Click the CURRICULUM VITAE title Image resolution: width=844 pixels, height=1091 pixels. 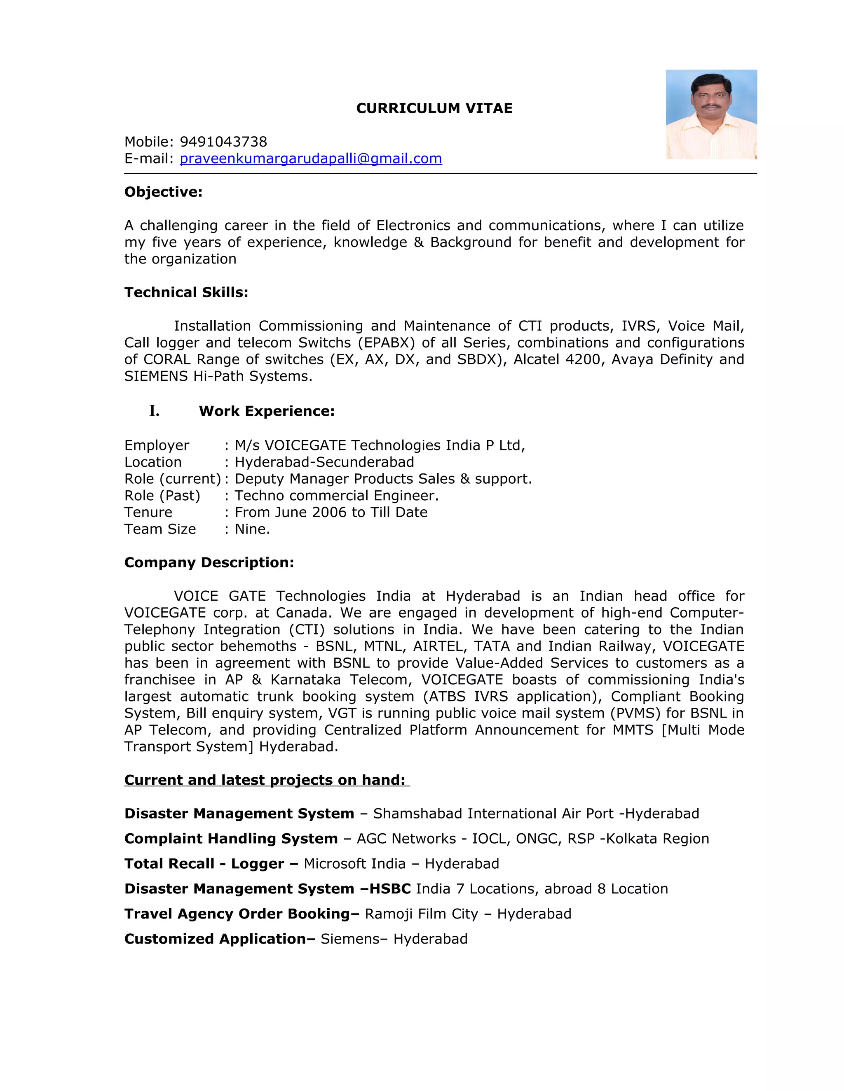(434, 108)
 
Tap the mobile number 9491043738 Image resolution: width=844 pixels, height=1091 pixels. (223, 142)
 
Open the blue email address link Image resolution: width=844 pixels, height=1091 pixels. (310, 159)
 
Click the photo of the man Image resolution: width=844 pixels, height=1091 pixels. (711, 114)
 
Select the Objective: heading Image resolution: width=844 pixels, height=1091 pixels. (164, 192)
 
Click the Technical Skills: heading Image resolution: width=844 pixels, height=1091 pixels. (186, 292)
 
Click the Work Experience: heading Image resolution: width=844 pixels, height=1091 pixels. (267, 411)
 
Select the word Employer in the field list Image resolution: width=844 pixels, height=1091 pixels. (157, 445)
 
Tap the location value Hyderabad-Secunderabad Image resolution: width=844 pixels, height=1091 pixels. (324, 462)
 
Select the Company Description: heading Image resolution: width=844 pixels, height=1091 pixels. (209, 562)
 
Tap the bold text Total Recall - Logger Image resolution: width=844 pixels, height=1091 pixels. (204, 864)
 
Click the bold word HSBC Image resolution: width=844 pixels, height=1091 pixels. (390, 889)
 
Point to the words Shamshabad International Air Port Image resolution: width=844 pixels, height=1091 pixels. (493, 814)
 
